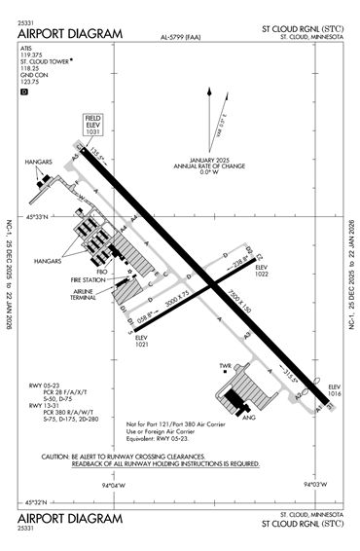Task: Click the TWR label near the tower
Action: [x=225, y=367]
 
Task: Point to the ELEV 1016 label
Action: [x=336, y=391]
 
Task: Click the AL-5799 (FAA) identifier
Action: [x=182, y=39]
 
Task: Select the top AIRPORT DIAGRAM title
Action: [x=70, y=34]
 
